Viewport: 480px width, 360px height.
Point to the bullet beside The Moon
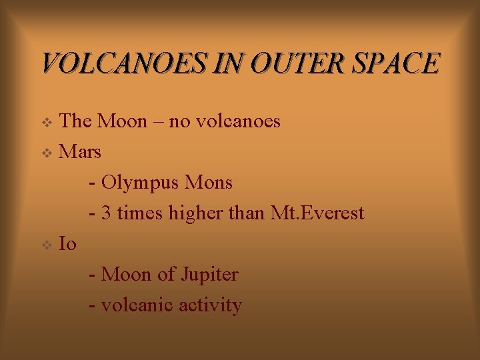click(46, 123)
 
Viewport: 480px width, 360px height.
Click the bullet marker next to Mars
click(46, 153)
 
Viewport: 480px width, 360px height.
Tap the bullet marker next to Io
click(46, 245)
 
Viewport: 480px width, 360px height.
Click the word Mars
click(80, 152)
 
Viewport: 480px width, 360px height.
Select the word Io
click(67, 244)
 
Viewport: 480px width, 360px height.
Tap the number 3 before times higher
click(107, 213)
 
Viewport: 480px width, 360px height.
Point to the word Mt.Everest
click(318, 213)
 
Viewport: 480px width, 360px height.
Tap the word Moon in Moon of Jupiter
click(125, 274)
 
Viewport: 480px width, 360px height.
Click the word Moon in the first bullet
click(121, 121)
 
